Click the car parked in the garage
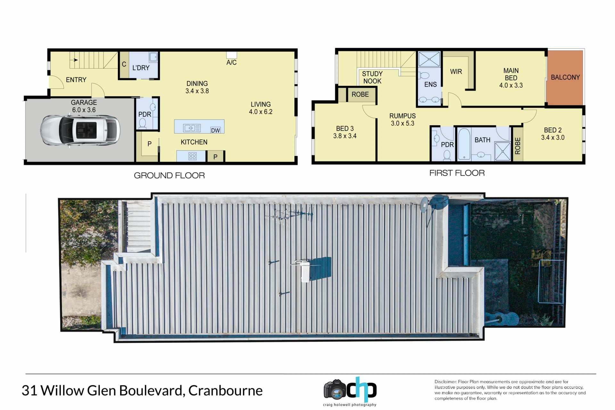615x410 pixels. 80,131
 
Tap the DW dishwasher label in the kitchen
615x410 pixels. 216,130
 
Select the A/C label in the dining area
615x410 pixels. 231,62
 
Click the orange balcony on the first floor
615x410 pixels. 565,78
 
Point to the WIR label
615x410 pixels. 456,72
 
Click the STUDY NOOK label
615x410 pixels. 372,78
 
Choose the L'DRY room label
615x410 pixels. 141,68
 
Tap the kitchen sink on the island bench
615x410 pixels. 192,128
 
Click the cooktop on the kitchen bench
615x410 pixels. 193,156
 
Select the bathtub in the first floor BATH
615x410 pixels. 464,144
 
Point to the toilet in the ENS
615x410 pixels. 423,76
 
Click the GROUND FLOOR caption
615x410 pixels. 169,176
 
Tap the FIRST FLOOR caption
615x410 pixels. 457,173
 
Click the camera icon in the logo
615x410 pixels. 335,389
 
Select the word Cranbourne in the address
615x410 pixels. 225,390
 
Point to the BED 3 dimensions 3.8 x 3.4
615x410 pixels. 345,136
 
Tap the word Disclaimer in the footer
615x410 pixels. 445,382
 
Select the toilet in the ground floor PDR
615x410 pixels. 143,124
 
